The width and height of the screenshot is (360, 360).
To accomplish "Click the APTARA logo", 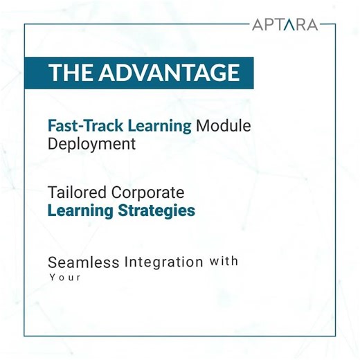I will (285, 25).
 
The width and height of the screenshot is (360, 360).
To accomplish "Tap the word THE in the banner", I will (71, 72).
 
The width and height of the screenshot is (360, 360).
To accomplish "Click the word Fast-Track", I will (77, 126).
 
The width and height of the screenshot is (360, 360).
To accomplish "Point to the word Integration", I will (164, 262).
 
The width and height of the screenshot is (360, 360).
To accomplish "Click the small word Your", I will (65, 278).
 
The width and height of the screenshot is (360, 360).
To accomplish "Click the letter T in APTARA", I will (280, 25).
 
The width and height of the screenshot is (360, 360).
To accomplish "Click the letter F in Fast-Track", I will (51, 126).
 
